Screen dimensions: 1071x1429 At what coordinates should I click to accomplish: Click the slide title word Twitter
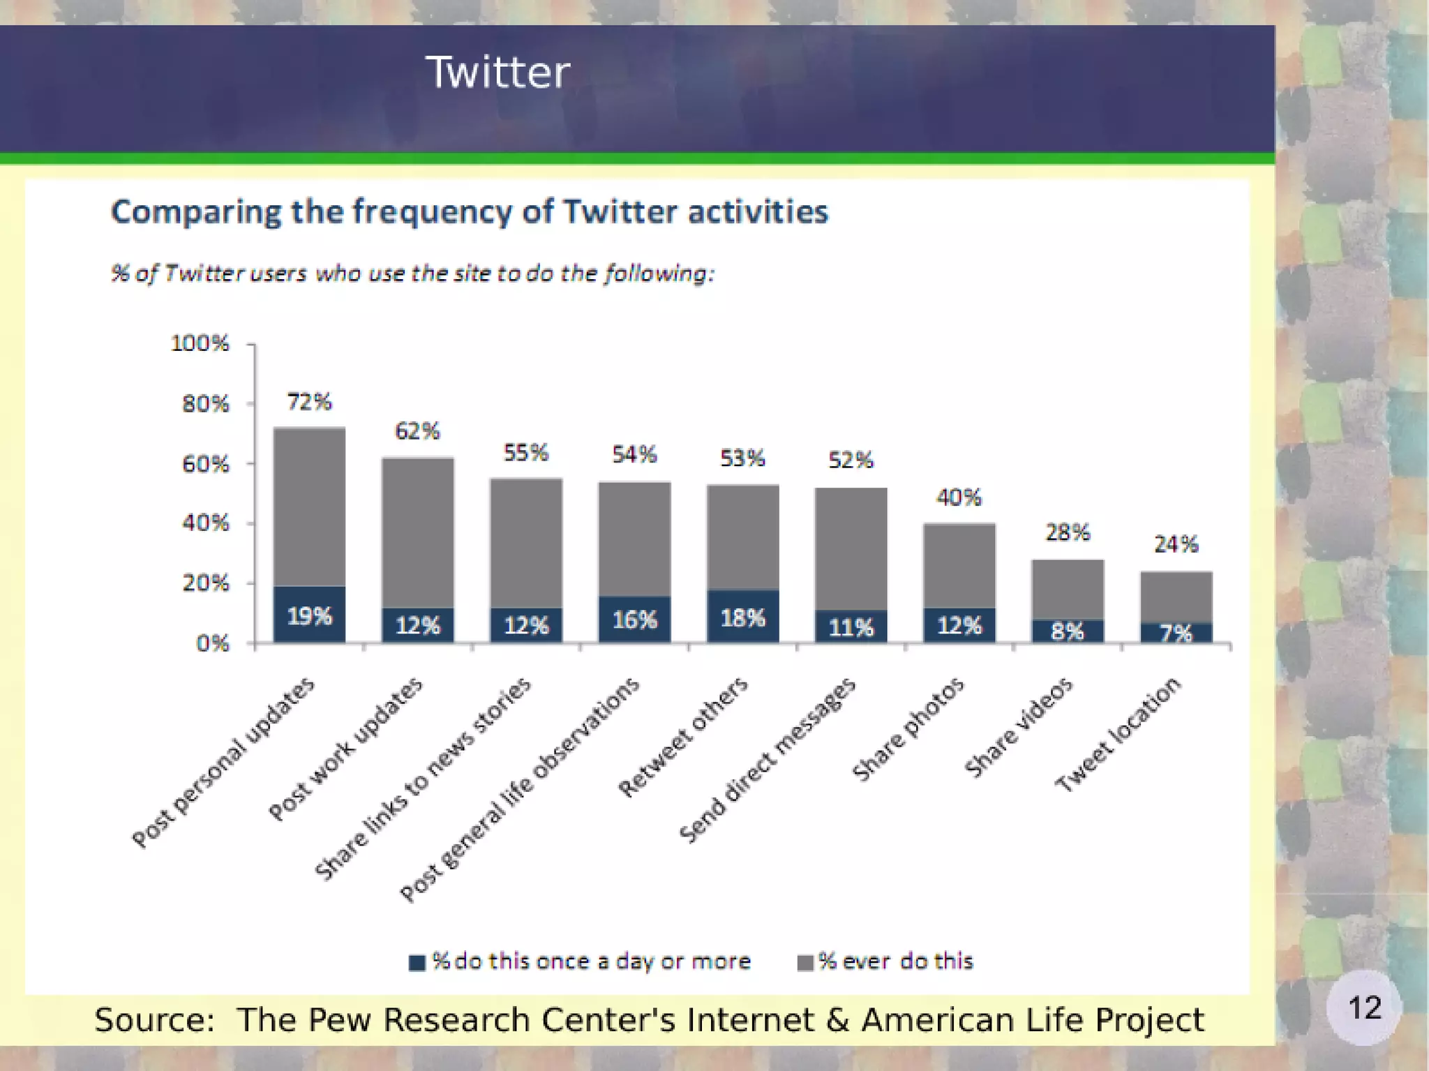click(x=497, y=72)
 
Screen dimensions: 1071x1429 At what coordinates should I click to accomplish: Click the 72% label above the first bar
click(x=309, y=402)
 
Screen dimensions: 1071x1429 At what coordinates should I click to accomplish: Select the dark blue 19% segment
click(x=309, y=615)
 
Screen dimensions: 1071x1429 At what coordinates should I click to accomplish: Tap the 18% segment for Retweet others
click(x=742, y=617)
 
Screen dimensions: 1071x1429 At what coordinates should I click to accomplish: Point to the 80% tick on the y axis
click(x=205, y=404)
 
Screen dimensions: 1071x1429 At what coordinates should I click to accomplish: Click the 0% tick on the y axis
click(x=212, y=643)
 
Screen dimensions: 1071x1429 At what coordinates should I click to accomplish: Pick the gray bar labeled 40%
click(x=959, y=565)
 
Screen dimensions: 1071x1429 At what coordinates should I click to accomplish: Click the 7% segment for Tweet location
click(x=1176, y=633)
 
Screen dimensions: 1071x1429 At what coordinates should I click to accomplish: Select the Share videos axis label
click(x=1019, y=727)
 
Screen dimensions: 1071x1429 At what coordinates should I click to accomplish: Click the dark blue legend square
click(x=417, y=963)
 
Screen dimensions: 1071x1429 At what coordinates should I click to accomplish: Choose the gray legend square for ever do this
click(x=805, y=963)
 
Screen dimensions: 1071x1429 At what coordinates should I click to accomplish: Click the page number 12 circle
click(x=1363, y=1008)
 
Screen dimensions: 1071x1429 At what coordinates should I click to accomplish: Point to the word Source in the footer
click(x=154, y=1020)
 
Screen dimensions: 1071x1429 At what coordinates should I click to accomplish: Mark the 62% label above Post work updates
click(x=417, y=431)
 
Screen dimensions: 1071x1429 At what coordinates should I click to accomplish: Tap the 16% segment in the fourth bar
click(x=634, y=620)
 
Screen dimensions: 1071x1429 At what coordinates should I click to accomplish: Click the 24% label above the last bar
click(x=1176, y=544)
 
